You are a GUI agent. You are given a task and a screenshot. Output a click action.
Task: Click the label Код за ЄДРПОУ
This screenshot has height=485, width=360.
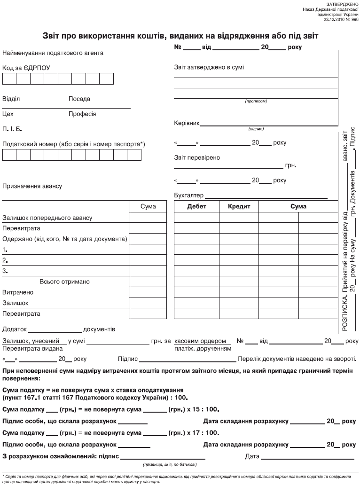26,68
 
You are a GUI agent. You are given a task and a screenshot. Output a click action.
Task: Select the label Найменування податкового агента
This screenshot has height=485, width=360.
53,53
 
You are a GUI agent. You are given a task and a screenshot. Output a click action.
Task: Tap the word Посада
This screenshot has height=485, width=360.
79,99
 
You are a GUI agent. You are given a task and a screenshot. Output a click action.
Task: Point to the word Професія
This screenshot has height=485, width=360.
82,114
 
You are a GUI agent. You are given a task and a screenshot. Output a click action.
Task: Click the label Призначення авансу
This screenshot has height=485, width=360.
32,186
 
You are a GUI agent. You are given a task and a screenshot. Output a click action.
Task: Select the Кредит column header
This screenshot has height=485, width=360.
239,206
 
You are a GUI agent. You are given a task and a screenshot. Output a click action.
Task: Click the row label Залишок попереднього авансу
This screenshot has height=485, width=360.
47,218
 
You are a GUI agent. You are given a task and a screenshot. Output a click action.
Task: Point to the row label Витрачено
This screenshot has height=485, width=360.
18,293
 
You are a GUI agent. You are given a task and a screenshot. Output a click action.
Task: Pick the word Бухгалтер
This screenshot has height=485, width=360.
189,196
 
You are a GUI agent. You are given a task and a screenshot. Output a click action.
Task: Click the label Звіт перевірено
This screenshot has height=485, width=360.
197,158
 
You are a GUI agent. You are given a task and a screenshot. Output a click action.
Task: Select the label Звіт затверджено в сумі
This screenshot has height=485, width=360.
209,67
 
